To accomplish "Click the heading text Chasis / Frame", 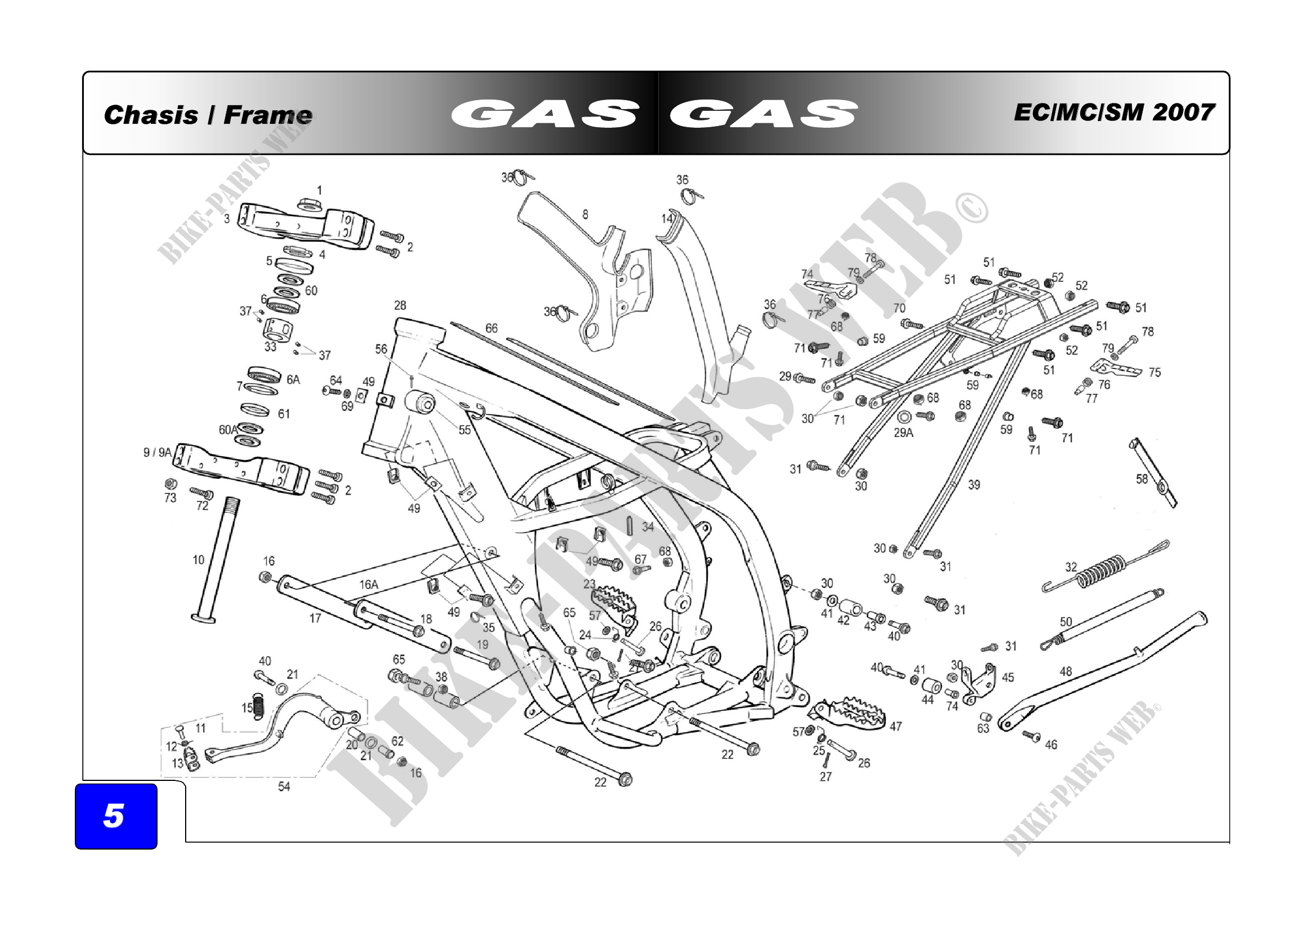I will click(208, 115).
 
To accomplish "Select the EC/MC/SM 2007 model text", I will click(1113, 113).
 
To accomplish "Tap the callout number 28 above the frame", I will click(399, 305).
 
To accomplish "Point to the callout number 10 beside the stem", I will click(198, 560).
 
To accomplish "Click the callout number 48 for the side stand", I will click(1066, 671).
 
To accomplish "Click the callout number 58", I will click(1142, 478).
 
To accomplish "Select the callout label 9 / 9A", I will click(157, 453).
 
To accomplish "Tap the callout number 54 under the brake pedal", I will click(284, 787).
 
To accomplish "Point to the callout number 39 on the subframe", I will click(974, 485).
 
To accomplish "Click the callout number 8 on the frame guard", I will click(585, 214).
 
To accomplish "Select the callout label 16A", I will click(369, 585).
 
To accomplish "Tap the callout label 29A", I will click(904, 433).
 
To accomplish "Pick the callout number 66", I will click(491, 329).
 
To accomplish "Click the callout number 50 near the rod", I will click(1066, 622).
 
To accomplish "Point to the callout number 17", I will click(315, 618).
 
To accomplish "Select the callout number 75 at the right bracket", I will click(1155, 372).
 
